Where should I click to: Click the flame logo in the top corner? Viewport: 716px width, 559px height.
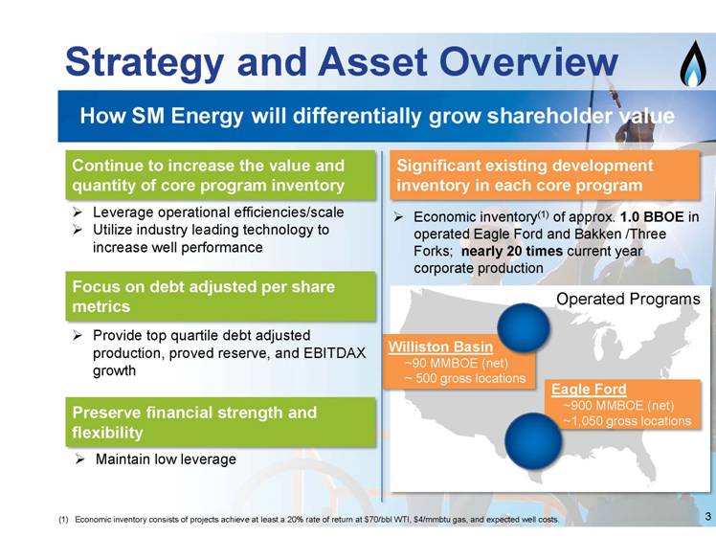[693, 64]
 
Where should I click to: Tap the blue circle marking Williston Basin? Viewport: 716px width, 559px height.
[524, 327]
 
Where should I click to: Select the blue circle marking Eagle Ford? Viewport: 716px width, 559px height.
[533, 440]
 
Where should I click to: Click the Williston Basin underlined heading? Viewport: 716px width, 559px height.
[440, 347]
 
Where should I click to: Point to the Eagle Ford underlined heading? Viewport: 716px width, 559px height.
[589, 390]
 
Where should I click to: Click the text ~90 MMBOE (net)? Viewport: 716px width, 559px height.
[457, 363]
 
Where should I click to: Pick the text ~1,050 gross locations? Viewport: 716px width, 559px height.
[627, 420]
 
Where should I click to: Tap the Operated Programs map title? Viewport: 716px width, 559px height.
[628, 300]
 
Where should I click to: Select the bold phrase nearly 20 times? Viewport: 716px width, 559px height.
[512, 251]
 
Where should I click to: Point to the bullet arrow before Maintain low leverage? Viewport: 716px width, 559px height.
[79, 459]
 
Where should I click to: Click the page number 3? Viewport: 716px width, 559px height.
[707, 517]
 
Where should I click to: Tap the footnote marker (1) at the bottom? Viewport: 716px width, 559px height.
[63, 520]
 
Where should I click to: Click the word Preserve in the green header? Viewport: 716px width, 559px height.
[105, 413]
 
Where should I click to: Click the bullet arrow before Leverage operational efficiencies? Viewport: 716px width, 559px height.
[78, 212]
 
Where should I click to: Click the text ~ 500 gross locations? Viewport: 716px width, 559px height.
[465, 378]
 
